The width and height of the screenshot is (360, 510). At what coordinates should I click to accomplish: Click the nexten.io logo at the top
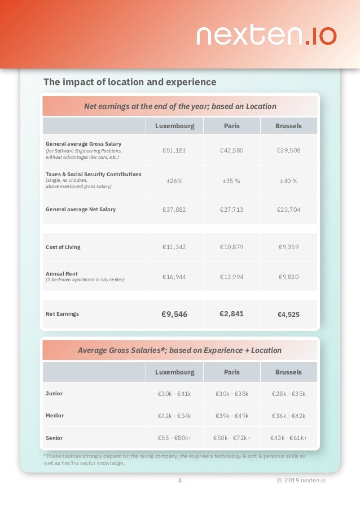click(266, 36)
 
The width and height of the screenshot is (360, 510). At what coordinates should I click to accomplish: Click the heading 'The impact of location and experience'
click(130, 82)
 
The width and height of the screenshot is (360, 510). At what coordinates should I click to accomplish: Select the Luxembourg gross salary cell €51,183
click(174, 150)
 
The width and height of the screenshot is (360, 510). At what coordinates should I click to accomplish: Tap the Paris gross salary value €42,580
click(231, 150)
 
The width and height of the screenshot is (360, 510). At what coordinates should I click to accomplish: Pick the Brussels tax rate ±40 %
click(288, 181)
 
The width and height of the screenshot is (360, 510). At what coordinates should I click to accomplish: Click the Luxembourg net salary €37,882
click(174, 210)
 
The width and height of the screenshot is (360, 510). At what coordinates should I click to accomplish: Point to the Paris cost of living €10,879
click(231, 247)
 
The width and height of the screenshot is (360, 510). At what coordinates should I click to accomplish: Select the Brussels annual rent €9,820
click(288, 277)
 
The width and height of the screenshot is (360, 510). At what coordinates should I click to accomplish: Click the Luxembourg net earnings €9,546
click(174, 314)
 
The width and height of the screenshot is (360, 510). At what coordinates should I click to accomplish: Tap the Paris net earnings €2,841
click(231, 313)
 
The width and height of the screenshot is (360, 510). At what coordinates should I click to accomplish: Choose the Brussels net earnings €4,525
click(288, 315)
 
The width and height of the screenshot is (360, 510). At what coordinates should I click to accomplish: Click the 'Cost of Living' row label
click(63, 247)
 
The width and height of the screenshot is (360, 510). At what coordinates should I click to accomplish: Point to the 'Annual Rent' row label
click(62, 273)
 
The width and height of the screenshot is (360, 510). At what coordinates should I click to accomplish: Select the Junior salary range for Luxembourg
click(174, 394)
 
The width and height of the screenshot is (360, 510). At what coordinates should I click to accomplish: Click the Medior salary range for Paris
click(231, 416)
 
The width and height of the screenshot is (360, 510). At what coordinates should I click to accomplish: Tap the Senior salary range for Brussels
click(288, 438)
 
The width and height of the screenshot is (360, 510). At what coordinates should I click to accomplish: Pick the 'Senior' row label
click(54, 438)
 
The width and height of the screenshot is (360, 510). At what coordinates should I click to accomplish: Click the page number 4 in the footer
click(180, 481)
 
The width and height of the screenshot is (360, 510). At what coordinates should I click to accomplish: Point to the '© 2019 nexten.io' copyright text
click(301, 481)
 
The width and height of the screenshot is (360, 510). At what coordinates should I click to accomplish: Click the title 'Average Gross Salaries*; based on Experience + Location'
click(179, 350)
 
